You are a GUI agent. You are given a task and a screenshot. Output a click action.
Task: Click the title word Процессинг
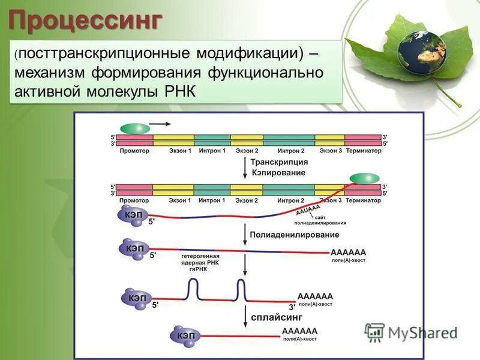[x=85, y=20]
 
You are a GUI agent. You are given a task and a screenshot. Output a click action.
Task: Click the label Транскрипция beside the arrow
[x=279, y=162]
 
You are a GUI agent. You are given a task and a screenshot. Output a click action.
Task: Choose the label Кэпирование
[x=278, y=172]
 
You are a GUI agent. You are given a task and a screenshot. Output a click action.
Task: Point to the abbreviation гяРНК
[x=198, y=269]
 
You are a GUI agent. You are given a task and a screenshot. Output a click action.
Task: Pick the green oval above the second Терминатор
[x=365, y=178]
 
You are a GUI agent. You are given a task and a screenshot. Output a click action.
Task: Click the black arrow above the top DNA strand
[x=159, y=124]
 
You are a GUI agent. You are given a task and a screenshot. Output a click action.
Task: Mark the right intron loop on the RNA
[x=241, y=290]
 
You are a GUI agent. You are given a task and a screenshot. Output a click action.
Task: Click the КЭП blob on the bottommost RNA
[x=184, y=335]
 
